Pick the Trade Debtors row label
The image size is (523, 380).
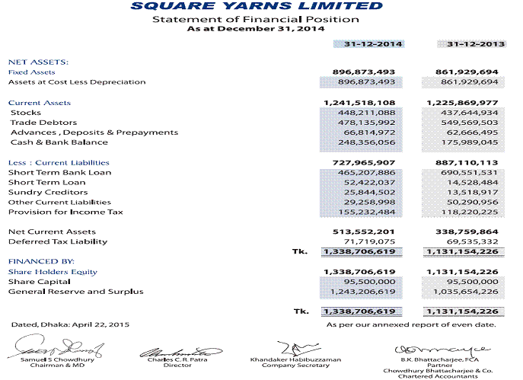[x=43, y=123]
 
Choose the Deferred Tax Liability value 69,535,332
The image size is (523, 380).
[x=470, y=241]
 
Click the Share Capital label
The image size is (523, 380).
[x=36, y=282]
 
